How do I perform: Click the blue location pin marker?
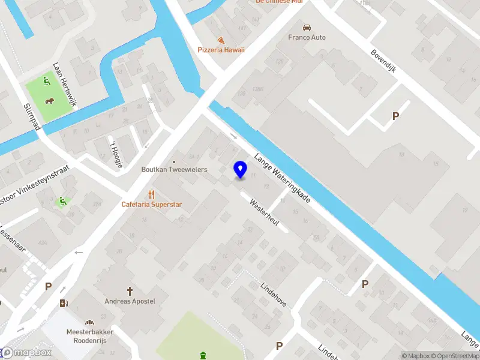point(240,170)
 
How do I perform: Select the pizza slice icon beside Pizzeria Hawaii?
point(221,40)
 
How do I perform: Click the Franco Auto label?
point(306,37)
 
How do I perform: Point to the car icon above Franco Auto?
point(307,27)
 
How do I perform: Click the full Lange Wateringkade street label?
point(282,178)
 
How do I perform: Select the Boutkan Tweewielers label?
point(174,170)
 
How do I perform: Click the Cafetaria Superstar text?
point(151,205)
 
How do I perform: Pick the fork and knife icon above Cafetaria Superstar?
point(151,194)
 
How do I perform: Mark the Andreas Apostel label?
point(130,301)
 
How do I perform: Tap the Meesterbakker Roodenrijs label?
point(90,335)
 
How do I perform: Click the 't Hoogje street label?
point(114,153)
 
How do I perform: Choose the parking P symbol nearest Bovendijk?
point(395,116)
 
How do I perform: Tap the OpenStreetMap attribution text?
point(458,356)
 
